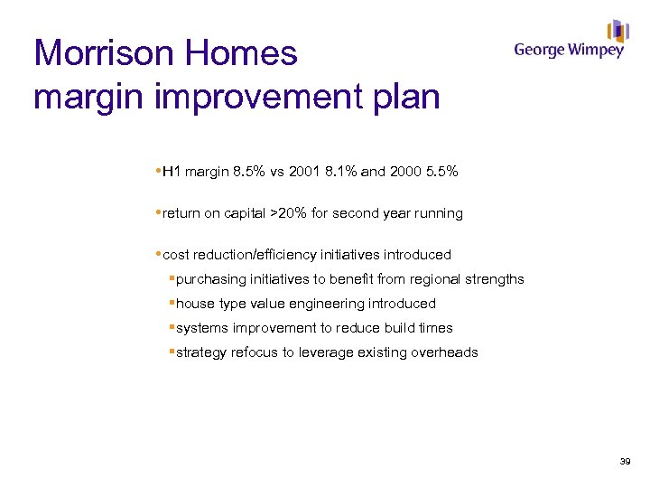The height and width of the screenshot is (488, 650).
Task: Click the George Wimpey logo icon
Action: (x=617, y=31)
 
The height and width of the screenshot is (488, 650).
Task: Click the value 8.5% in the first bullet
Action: (x=249, y=172)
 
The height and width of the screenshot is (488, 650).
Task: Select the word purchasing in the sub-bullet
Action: (x=210, y=279)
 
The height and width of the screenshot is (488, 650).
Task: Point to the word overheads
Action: (x=445, y=352)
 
